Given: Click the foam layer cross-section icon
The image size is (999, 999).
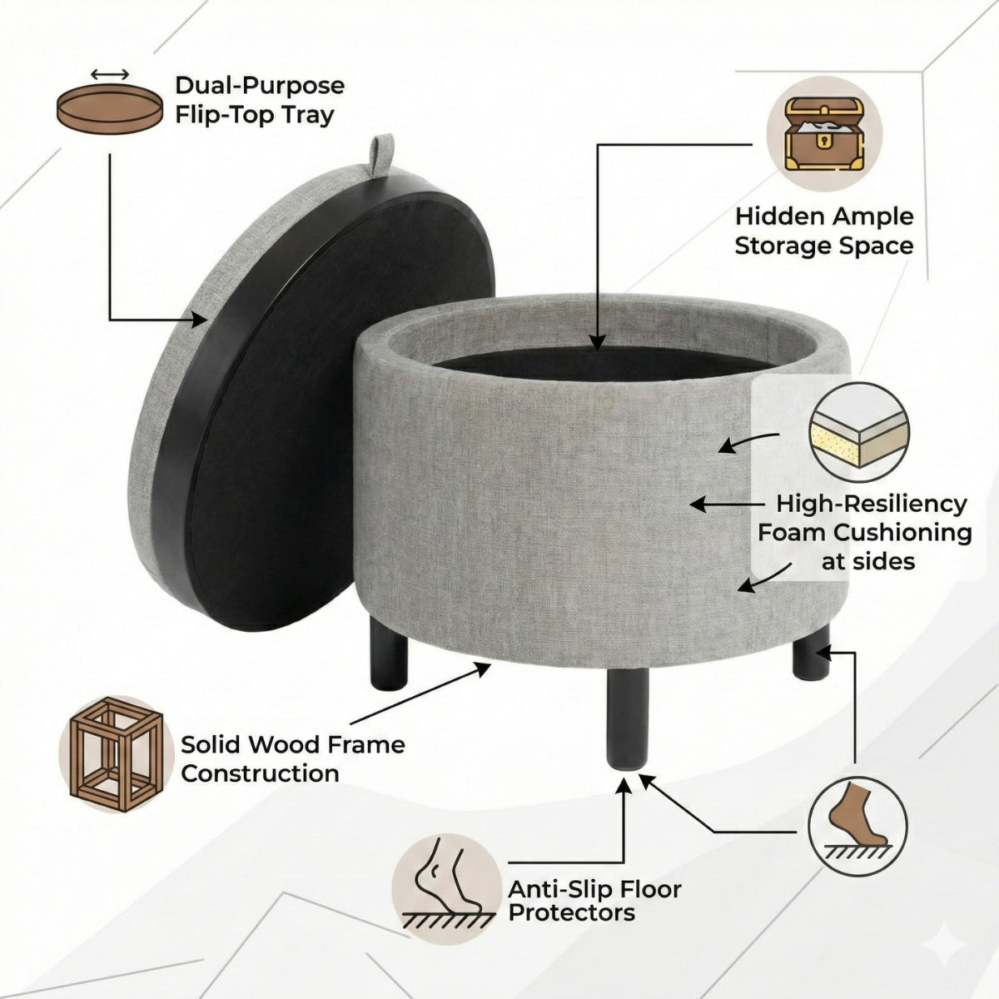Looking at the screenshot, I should pos(859,433).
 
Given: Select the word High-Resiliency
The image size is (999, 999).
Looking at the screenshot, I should pos(872,504).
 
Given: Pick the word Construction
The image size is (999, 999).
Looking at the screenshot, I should pos(260,773).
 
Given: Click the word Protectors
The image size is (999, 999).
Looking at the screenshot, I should pos(571,912).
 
